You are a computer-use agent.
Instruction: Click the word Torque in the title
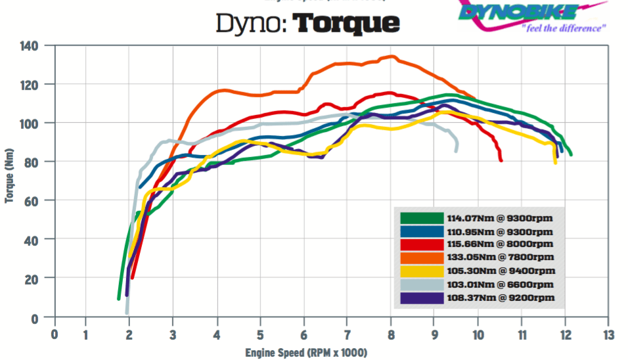pos(346,24)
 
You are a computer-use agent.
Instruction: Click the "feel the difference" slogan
pos(563,29)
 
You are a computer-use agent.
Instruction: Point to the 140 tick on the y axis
pos(29,46)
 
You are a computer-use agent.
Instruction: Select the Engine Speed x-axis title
pos(305,353)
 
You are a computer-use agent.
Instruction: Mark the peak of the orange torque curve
pos(392,56)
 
